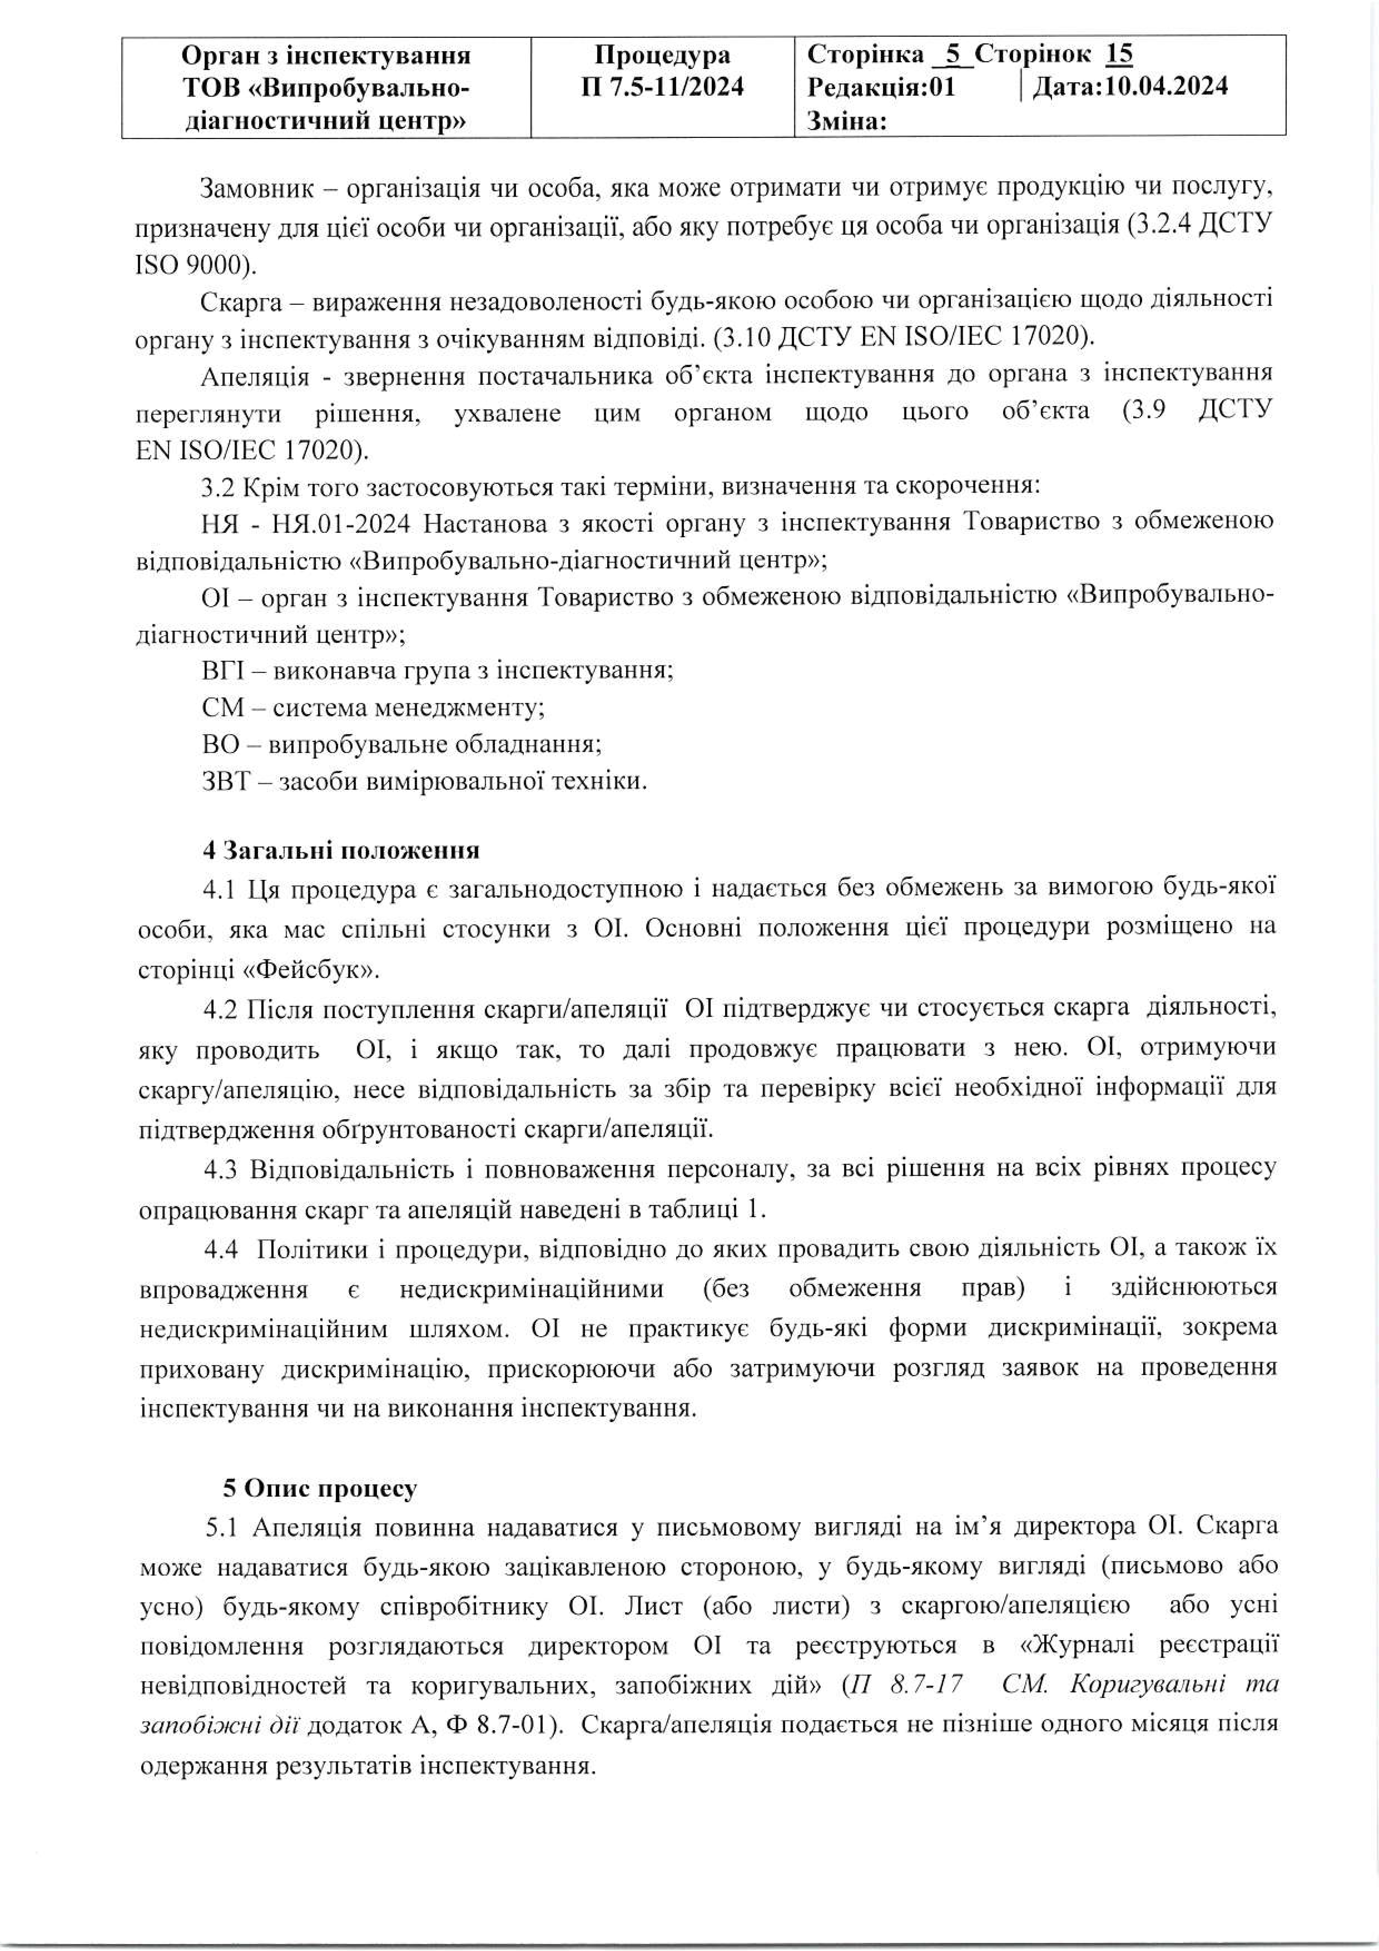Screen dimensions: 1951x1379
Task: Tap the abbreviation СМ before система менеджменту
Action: pos(223,708)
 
